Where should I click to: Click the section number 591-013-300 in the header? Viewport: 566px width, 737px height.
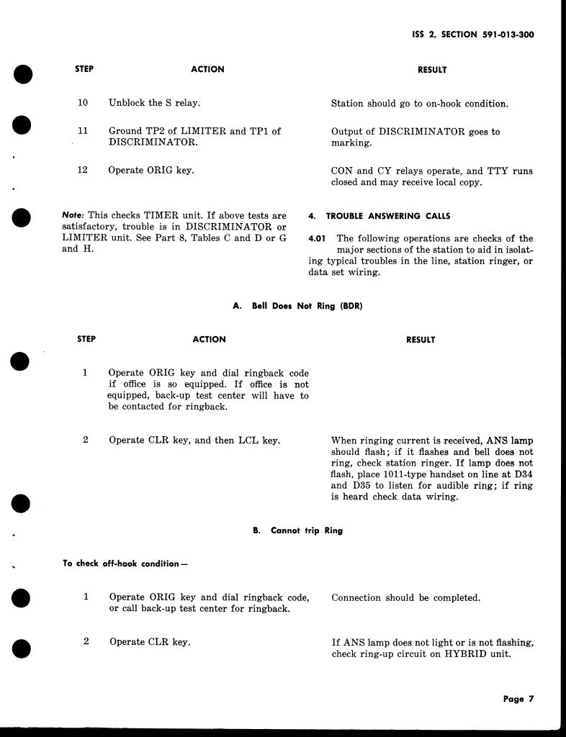(508, 34)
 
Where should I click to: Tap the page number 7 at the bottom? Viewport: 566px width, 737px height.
(531, 699)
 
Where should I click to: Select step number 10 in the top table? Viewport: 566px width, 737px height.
(83, 103)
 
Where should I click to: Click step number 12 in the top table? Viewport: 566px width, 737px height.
(83, 171)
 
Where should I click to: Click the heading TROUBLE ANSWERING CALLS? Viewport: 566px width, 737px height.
(388, 216)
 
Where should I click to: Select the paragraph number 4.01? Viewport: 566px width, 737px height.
(318, 238)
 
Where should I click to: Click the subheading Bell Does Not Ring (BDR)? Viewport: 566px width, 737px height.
(297, 306)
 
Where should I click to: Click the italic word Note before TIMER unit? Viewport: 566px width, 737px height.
(73, 215)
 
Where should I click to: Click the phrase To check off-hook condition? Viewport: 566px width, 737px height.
(125, 564)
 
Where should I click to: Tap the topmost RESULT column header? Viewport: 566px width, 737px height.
(432, 70)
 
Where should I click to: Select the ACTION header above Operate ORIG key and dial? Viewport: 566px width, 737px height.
(209, 339)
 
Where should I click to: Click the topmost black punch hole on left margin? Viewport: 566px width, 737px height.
(23, 73)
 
